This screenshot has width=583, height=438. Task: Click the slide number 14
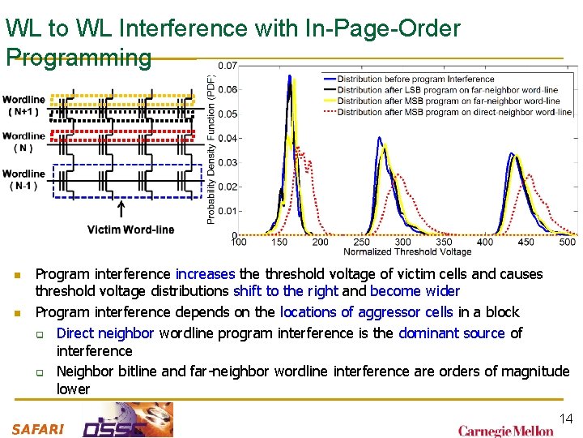click(x=566, y=419)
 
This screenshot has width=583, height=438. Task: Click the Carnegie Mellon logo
click(x=506, y=431)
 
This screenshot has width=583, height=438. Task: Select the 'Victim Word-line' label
click(x=130, y=230)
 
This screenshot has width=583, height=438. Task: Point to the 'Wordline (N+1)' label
click(x=24, y=105)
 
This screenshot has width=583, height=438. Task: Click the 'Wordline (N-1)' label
click(x=23, y=179)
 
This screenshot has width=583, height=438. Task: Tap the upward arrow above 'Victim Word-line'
click(x=121, y=210)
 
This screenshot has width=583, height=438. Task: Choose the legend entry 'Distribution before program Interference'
click(x=415, y=79)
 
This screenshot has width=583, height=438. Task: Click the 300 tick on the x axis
click(x=402, y=242)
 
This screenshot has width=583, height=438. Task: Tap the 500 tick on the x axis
click(x=568, y=242)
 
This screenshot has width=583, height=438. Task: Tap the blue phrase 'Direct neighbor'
click(x=105, y=333)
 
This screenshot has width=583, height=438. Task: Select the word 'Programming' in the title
click(x=79, y=57)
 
